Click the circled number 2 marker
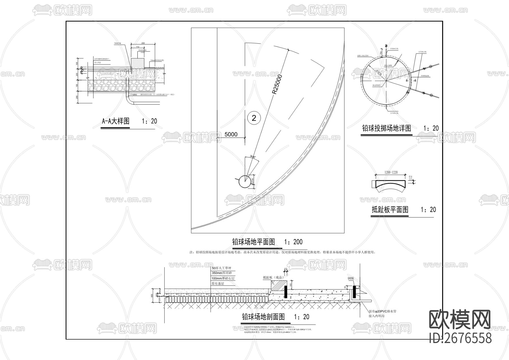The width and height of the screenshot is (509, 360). [x=254, y=118]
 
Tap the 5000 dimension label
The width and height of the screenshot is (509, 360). [x=231, y=134]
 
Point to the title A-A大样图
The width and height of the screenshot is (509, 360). [x=116, y=121]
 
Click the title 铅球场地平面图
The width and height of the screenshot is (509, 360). [x=253, y=242]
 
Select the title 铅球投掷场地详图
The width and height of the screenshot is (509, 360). [x=387, y=128]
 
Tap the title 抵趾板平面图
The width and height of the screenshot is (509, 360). [x=390, y=210]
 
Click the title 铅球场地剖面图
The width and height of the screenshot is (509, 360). [x=263, y=317]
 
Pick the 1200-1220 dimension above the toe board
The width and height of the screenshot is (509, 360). [x=391, y=172]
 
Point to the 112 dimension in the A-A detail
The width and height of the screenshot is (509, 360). [x=138, y=47]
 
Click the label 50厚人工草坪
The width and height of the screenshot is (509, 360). [x=223, y=268]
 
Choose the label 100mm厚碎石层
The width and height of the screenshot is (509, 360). [x=223, y=278]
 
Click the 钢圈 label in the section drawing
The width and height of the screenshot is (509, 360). [x=351, y=278]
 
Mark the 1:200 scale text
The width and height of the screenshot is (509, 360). [x=293, y=242]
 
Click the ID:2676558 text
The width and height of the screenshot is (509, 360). [x=460, y=338]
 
